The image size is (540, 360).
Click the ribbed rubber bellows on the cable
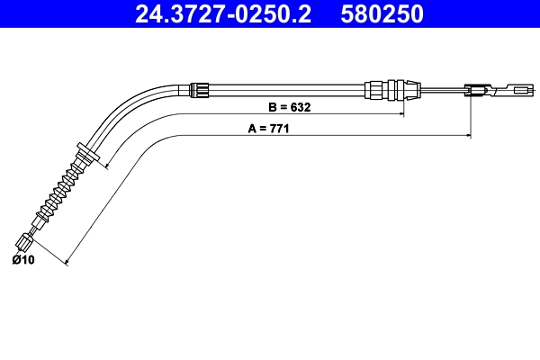coord(61,188)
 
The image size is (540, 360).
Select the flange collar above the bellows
coord(87,153)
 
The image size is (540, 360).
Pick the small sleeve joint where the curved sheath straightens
coord(200,88)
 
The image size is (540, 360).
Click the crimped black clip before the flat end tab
coord(477,88)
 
